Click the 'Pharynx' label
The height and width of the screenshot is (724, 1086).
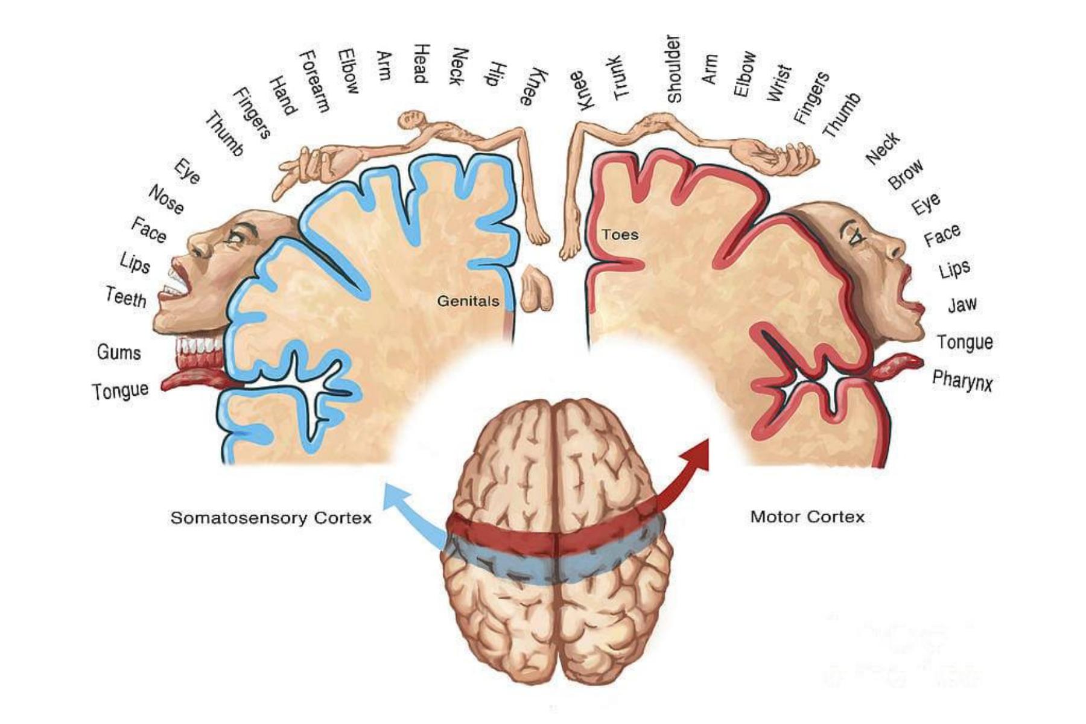click(x=962, y=380)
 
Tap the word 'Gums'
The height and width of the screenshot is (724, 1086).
click(x=119, y=352)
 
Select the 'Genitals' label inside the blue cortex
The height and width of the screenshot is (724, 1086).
click(x=468, y=301)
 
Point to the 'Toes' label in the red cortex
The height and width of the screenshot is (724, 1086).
click(x=620, y=234)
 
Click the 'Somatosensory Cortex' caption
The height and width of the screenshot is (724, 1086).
click(x=271, y=518)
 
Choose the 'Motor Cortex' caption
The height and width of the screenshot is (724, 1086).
click(x=807, y=516)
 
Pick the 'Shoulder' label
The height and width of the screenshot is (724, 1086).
click(x=674, y=69)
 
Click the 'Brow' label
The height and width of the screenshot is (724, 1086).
click(x=906, y=174)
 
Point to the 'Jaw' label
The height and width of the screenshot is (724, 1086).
click(x=962, y=305)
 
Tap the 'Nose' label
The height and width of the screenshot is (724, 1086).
click(x=167, y=200)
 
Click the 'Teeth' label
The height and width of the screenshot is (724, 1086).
click(x=126, y=297)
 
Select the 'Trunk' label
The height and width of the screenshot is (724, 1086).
click(x=621, y=78)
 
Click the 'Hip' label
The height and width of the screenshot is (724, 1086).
click(x=495, y=74)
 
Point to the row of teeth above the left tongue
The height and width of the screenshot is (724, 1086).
click(x=200, y=346)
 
